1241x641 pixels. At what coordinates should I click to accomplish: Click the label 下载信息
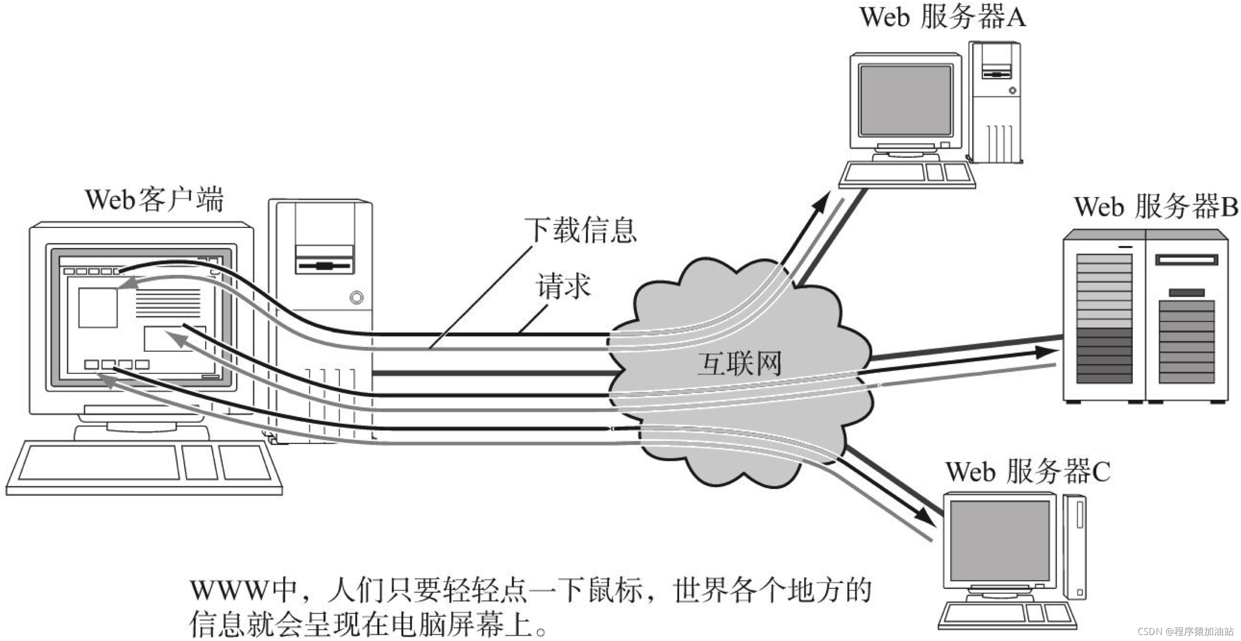580,231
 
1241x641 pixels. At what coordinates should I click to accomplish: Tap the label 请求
563,286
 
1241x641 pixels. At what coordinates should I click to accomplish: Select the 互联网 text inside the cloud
740,363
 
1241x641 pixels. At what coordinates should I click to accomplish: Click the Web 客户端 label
154,200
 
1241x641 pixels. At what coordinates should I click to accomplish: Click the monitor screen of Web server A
905,100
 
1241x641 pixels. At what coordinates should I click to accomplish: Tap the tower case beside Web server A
995,102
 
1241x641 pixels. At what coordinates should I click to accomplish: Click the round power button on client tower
356,298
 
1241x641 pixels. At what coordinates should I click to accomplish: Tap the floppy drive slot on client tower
324,265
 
